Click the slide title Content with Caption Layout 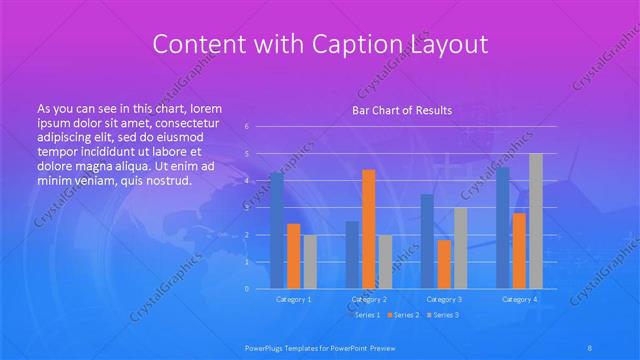click(319, 44)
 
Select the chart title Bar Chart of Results click(401, 110)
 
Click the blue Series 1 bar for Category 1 click(277, 230)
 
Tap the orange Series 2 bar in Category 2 click(368, 229)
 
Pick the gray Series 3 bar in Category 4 click(536, 221)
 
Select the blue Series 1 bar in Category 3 click(427, 241)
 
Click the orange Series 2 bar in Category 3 click(443, 264)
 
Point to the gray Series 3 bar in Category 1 click(309, 261)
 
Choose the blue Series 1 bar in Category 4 click(503, 227)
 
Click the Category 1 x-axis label click(293, 299)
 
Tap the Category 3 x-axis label click(443, 299)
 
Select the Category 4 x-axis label click(519, 299)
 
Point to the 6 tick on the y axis click(247, 127)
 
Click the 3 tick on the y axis click(247, 208)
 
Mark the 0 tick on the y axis click(247, 289)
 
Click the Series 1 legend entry click(366, 315)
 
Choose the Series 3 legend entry click(445, 315)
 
